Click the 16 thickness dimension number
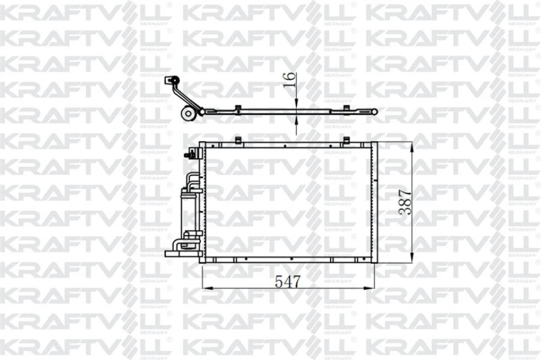pyautogui.click(x=289, y=80)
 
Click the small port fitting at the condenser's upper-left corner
pyautogui.click(x=188, y=154)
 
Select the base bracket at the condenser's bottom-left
pyautogui.click(x=179, y=253)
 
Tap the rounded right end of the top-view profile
pyautogui.click(x=375, y=112)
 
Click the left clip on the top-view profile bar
pyautogui.click(x=237, y=108)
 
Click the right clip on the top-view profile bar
pyautogui.click(x=346, y=108)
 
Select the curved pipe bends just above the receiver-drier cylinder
pyautogui.click(x=191, y=183)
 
